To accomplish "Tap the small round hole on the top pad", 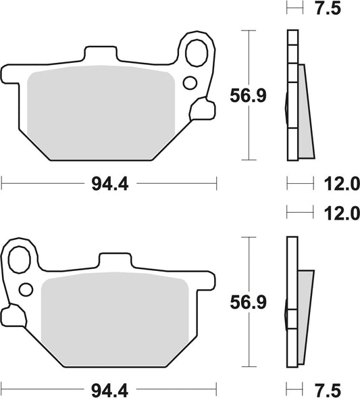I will [190, 83].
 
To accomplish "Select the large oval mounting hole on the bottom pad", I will [22, 257].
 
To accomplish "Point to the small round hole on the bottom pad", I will [26, 290].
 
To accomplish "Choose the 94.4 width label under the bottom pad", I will [109, 389].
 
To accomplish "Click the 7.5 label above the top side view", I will [327, 9].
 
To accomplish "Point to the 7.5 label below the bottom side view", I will [327, 389].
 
